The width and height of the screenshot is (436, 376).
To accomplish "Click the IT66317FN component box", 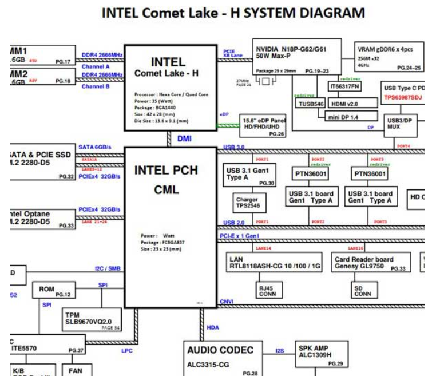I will click(344, 86).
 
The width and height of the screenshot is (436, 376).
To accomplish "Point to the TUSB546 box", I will click(311, 104).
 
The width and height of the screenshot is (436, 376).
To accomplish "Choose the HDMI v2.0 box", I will click(344, 104).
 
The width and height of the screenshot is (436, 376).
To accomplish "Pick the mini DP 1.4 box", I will click(343, 117).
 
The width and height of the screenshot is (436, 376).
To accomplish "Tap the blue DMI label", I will click(184, 138).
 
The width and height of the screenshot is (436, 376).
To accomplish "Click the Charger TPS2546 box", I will click(247, 203).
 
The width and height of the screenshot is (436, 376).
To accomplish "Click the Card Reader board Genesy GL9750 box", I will click(371, 263).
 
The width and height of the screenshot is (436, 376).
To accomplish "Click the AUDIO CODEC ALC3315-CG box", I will click(223, 358).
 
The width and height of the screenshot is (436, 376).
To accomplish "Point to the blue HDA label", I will click(212, 327).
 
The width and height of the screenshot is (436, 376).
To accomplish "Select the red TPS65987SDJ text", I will click(404, 98).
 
